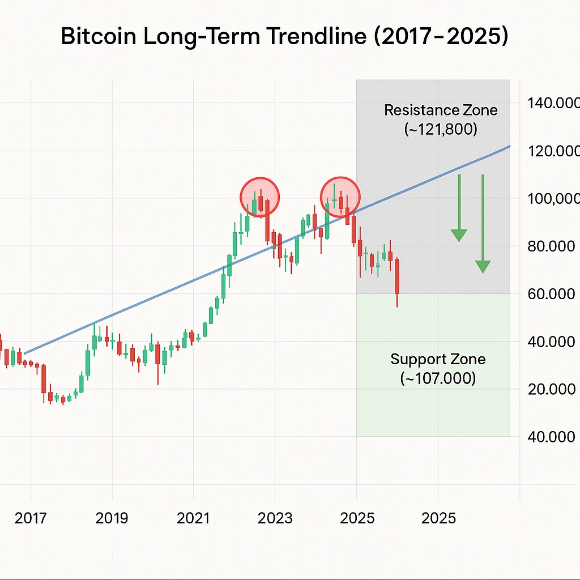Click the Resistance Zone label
click(441, 110)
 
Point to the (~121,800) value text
click(441, 129)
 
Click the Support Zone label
click(438, 359)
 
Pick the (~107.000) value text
click(438, 378)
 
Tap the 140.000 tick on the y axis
click(553, 104)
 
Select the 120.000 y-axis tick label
click(553, 151)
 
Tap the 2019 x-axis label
click(112, 518)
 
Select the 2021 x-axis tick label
click(194, 518)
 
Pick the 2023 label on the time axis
click(275, 518)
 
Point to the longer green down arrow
click(483, 224)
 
